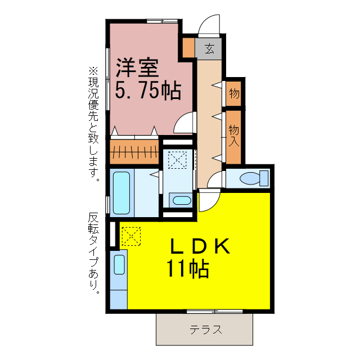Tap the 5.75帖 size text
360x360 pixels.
pos(148,89)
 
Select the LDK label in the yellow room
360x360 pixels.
pos(199,247)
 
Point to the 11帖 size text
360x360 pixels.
pos(187,269)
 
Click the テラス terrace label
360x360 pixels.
pos(206,330)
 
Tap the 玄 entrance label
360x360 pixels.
pos(209,48)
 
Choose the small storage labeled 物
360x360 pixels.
pos(234,93)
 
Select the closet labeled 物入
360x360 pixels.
pos(234,135)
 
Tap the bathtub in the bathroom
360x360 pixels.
pos(121,192)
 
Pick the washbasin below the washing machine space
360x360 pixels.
pos(181,200)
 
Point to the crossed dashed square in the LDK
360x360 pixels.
pos(130,236)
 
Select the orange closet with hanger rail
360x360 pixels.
pos(134,151)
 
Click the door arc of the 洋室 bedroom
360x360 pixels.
pos(183,123)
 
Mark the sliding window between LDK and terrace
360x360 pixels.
pos(214,311)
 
